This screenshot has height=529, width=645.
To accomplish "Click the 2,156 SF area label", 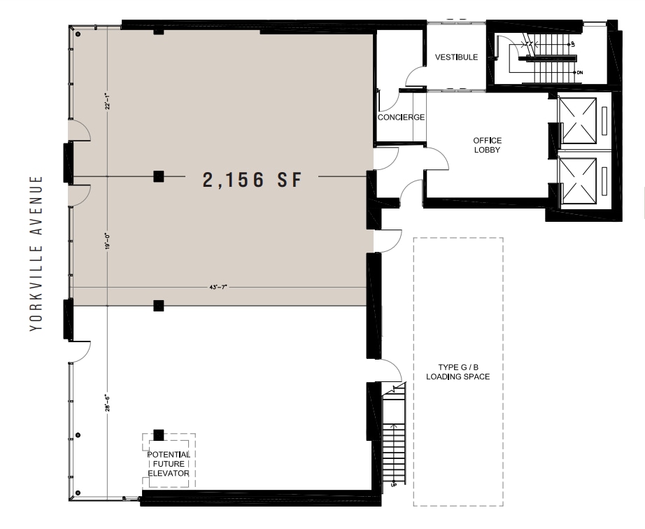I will click(251, 181).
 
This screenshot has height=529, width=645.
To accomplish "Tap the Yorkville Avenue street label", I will click(38, 253).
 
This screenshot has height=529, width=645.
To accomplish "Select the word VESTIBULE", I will click(456, 57).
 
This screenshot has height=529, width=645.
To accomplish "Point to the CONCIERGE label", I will click(401, 117).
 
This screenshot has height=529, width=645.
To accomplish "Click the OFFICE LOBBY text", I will click(487, 146).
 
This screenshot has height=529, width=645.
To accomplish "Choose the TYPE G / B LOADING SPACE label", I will click(458, 372).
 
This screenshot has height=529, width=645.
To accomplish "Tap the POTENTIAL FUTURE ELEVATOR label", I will click(169, 463).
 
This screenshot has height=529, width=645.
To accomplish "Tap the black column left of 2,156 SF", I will click(159, 176).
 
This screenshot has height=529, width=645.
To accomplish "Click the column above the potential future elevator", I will click(159, 435).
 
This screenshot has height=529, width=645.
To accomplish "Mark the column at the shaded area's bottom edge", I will click(159, 304).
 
